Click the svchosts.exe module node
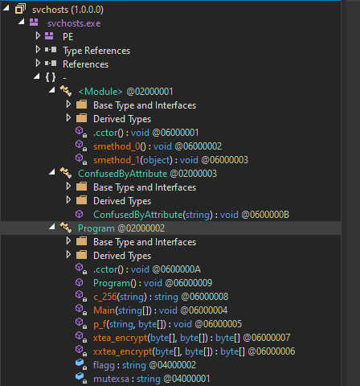click(74, 23)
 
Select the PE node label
click(67, 37)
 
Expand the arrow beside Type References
click(38, 50)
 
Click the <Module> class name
click(100, 92)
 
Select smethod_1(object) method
click(133, 160)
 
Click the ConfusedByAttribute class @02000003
click(147, 174)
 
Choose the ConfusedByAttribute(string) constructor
click(153, 215)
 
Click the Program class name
click(96, 228)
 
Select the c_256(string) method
click(120, 297)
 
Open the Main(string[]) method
click(122, 310)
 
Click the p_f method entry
click(129, 324)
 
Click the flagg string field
click(118, 365)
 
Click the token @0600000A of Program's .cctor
click(176, 269)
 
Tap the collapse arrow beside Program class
click(52, 227)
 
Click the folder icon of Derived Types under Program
click(81, 255)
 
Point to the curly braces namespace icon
click(51, 77)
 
